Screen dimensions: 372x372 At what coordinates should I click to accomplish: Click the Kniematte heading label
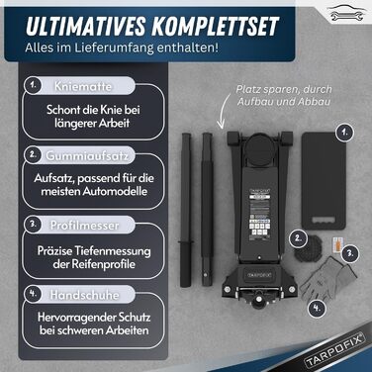click(x=78, y=86)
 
